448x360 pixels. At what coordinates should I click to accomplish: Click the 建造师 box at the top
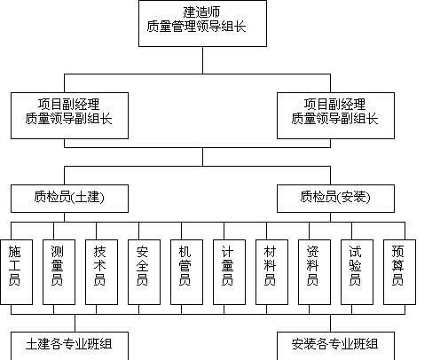pyautogui.click(x=202, y=23)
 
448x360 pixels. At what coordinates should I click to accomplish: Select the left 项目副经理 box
pyautogui.click(x=69, y=115)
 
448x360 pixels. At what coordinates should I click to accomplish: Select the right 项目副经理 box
pyautogui.click(x=335, y=115)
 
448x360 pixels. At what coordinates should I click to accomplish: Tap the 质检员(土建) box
pyautogui.click(x=69, y=199)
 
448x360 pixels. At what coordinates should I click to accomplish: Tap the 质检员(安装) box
pyautogui.click(x=335, y=199)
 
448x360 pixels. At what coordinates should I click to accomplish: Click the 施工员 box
pyautogui.click(x=16, y=272)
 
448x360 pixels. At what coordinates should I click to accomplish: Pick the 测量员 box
pyautogui.click(x=59, y=272)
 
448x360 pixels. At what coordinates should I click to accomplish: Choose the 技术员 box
pyautogui.click(x=101, y=272)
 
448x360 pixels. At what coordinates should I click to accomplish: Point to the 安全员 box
pyautogui.click(x=144, y=272)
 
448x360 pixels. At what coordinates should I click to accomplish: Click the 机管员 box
pyautogui.click(x=186, y=272)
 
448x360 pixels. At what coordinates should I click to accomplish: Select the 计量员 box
pyautogui.click(x=229, y=272)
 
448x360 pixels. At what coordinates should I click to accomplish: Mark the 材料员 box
pyautogui.click(x=271, y=272)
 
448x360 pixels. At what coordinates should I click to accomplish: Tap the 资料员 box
pyautogui.click(x=314, y=272)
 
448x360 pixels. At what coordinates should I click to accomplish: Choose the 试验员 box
pyautogui.click(x=357, y=272)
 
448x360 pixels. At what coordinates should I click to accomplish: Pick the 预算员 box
pyautogui.click(x=399, y=272)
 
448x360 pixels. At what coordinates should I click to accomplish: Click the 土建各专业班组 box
pyautogui.click(x=69, y=346)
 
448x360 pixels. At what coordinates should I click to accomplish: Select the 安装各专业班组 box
pyautogui.click(x=335, y=346)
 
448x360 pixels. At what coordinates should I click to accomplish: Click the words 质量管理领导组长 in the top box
pyautogui.click(x=196, y=27)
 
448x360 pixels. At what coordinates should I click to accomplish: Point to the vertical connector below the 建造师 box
pyautogui.click(x=202, y=60)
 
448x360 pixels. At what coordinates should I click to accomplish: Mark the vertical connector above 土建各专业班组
pyautogui.click(x=75, y=323)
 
